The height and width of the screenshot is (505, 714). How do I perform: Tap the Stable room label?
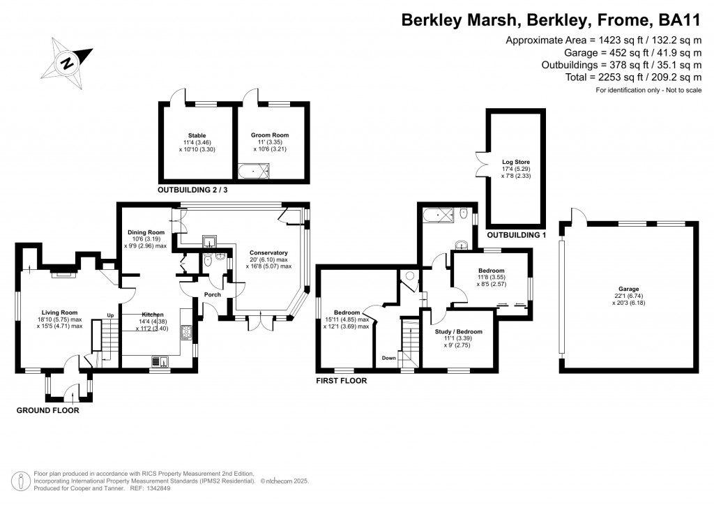coord(197,135)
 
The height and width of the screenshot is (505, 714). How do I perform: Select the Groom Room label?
coord(269,135)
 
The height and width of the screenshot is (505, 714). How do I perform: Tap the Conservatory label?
coord(268,252)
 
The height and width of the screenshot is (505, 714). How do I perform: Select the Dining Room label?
coord(146,232)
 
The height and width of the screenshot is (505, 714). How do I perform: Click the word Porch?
coord(213,295)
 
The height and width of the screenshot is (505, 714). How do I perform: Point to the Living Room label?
coord(58,312)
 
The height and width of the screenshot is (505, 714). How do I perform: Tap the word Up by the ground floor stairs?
coord(110,315)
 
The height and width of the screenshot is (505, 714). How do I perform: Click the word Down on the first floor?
coord(390,358)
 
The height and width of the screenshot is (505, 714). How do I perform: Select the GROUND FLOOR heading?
coord(47,411)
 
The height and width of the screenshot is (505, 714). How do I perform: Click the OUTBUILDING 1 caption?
coord(515,235)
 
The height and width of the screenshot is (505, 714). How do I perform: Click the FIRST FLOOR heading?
coord(341,382)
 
